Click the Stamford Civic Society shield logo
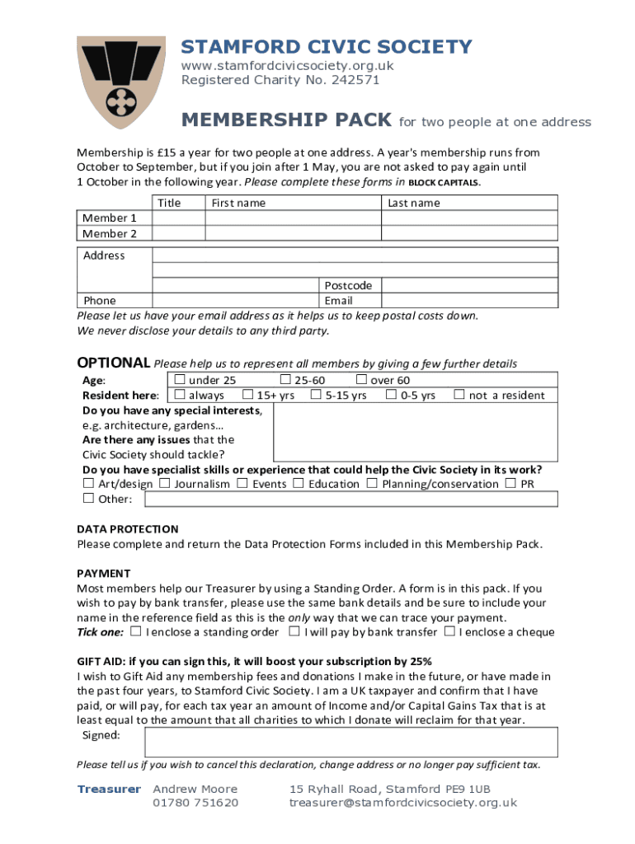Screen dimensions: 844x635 [120, 80]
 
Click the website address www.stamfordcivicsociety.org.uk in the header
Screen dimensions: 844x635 [287, 65]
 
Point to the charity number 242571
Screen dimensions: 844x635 [354, 80]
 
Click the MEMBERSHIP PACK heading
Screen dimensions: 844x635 [286, 121]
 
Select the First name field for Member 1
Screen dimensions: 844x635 [292, 218]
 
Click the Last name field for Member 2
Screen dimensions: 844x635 [468, 233]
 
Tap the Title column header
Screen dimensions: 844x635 [169, 203]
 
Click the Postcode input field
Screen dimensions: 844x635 [468, 285]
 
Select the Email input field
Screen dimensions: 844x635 [468, 300]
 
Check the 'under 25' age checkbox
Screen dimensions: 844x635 [180, 380]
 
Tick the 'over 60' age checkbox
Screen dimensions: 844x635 [361, 380]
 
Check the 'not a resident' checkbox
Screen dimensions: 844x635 [459, 395]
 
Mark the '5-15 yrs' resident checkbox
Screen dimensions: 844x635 [316, 395]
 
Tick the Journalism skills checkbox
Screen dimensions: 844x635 [165, 483]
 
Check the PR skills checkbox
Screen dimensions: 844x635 [511, 483]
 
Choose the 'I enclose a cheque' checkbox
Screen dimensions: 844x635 [449, 632]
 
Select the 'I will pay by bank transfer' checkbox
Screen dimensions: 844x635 [294, 632]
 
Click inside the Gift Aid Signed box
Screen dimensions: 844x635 [351, 741]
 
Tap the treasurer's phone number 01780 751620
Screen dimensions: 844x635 [195, 802]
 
